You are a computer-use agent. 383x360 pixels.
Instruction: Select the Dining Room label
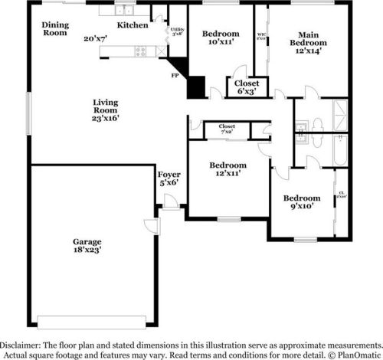point(55,29)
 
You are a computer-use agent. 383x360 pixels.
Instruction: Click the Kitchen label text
point(133,25)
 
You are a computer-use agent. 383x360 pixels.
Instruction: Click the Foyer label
point(169,175)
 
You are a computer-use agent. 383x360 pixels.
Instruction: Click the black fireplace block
point(197,84)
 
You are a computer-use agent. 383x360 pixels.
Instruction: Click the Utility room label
point(177,31)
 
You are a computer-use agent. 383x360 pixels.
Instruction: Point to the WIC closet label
point(261,36)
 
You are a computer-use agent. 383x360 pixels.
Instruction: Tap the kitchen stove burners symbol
point(141,52)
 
